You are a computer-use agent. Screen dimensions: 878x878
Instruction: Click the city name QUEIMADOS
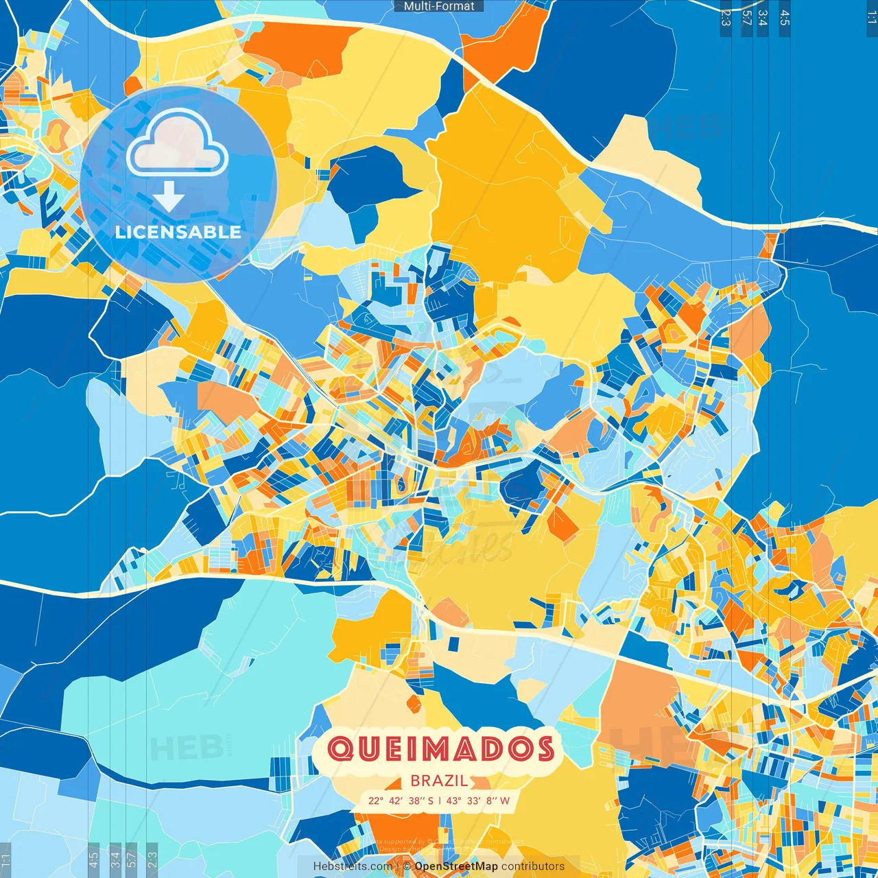(x=440, y=749)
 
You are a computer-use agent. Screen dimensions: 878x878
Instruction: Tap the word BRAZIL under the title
(x=439, y=781)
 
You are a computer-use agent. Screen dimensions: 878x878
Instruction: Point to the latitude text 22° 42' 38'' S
(x=401, y=800)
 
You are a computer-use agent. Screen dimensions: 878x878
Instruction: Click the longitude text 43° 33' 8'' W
(x=478, y=800)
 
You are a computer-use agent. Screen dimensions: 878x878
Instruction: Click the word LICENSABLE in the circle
(x=178, y=232)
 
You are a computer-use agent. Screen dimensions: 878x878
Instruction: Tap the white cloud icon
(x=177, y=143)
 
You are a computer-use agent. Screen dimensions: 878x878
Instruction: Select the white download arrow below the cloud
(x=169, y=196)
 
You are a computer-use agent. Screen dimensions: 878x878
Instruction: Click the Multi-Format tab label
(x=439, y=6)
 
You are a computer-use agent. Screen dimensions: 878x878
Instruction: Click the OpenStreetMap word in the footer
(x=456, y=866)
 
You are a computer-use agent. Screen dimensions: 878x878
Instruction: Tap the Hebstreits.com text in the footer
(x=353, y=866)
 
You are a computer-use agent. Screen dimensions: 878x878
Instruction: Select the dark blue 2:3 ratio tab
(x=726, y=18)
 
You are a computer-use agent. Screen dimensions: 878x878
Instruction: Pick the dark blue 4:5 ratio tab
(x=785, y=18)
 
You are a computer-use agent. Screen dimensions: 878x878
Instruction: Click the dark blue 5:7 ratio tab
(x=746, y=18)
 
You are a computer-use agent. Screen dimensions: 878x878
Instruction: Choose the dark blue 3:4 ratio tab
(x=763, y=18)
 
